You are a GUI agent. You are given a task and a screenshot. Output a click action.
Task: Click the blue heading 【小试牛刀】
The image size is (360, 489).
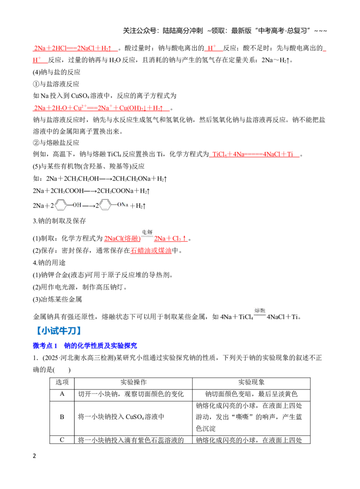(x=58, y=331)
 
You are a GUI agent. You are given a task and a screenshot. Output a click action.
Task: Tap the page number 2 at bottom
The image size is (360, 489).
(x=34, y=456)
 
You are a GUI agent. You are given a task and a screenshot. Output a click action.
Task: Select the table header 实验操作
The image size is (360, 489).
(x=133, y=382)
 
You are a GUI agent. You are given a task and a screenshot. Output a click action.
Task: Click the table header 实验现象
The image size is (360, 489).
(x=251, y=382)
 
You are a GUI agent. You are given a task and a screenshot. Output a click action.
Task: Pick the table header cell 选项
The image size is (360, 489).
(x=62, y=382)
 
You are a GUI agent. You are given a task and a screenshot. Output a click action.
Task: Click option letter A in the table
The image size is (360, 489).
(x=62, y=394)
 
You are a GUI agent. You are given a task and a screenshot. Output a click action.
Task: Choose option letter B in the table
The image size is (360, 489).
(x=62, y=417)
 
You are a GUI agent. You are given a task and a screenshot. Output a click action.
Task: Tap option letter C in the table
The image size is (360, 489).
(x=62, y=440)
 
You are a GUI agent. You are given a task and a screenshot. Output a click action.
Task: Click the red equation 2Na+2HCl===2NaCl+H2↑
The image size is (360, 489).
(x=73, y=48)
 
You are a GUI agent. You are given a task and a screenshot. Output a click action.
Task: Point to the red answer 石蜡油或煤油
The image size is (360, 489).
(x=151, y=250)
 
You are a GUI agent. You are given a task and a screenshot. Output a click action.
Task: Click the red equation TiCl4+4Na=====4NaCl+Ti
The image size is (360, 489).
(x=253, y=154)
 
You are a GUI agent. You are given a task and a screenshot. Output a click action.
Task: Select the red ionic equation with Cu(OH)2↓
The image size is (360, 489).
(x=98, y=108)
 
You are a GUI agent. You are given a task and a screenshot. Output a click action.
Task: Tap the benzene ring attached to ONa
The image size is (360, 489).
(x=105, y=205)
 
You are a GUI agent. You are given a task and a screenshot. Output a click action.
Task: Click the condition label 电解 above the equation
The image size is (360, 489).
(x=147, y=232)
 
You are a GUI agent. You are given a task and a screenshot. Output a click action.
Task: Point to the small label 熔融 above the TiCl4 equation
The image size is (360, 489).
(x=260, y=310)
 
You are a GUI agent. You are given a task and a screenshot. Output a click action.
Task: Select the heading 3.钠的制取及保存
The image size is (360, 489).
(x=59, y=221)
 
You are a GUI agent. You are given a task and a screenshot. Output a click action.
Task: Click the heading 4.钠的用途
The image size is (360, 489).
(x=49, y=263)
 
